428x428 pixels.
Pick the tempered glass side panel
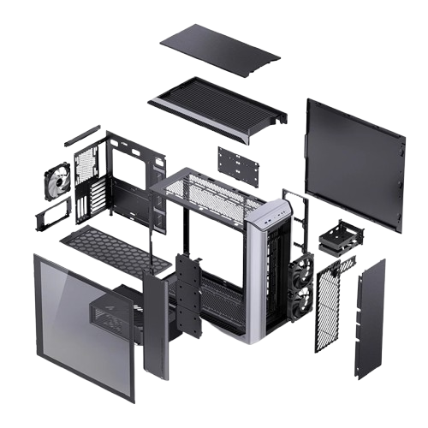(x=81, y=321)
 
